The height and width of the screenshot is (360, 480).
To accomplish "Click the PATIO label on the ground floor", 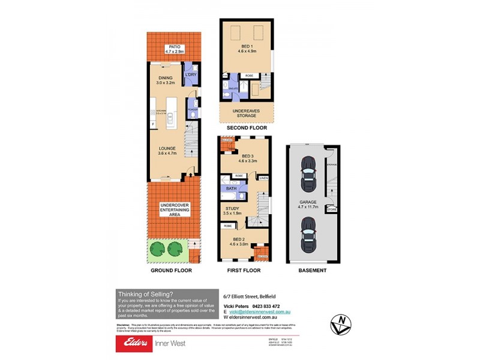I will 174,49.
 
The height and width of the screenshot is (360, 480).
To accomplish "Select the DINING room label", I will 165,80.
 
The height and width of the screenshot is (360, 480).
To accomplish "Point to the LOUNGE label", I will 167,151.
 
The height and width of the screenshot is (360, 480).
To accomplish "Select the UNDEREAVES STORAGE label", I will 246,113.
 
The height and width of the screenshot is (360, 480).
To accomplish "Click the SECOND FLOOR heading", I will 246,128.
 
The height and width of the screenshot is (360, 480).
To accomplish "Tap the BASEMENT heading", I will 312,271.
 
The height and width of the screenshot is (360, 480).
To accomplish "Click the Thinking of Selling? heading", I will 146,293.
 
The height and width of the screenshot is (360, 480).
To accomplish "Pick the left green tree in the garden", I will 158,248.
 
